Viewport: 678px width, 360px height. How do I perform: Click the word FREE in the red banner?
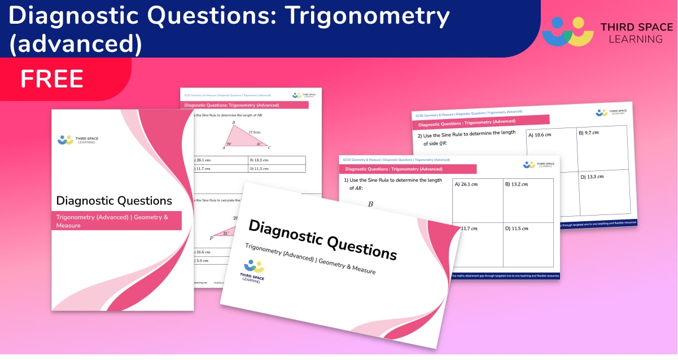[52, 79]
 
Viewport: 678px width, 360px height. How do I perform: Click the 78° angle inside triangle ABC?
[229, 144]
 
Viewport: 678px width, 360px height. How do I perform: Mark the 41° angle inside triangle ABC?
[259, 144]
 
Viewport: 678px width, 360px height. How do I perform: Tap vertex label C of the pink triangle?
[269, 148]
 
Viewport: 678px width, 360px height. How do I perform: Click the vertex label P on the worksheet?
[212, 238]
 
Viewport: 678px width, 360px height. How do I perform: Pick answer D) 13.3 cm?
[592, 177]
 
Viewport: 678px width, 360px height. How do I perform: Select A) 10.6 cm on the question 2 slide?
[539, 135]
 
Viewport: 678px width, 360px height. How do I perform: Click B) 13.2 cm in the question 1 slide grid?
[517, 184]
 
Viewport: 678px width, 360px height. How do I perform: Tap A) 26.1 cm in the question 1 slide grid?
[466, 184]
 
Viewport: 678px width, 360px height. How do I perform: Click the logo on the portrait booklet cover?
[76, 139]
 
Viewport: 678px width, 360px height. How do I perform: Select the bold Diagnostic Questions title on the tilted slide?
[322, 240]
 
